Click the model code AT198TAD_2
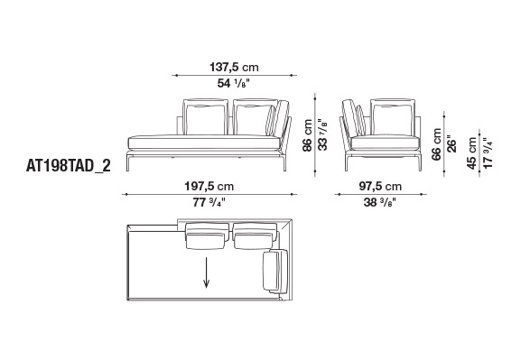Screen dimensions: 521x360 [x=68, y=166]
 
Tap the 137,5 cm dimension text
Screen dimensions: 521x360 [x=234, y=67]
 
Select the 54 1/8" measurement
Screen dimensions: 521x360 [x=233, y=83]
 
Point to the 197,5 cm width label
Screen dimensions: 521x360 [x=209, y=186]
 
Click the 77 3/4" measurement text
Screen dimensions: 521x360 [x=209, y=202]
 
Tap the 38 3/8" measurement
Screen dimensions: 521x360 [x=380, y=202]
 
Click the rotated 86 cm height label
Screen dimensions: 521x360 [x=308, y=135]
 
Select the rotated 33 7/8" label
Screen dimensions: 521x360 [x=322, y=134]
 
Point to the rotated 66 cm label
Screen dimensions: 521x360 [x=436, y=144]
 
